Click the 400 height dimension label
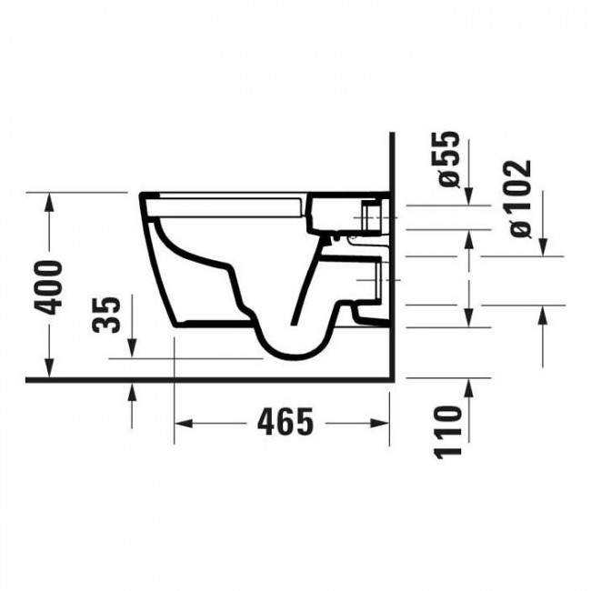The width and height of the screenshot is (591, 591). tap(51, 286)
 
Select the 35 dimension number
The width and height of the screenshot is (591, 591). tap(107, 315)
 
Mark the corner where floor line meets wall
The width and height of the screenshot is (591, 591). tap(389, 380)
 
